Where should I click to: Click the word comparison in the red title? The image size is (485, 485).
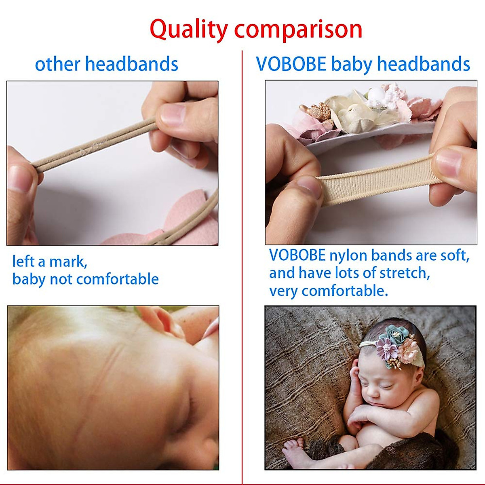click(x=298, y=30)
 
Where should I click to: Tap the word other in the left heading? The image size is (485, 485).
click(x=57, y=64)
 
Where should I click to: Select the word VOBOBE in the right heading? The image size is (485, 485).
click(x=291, y=64)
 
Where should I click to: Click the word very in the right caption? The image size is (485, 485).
click(x=283, y=291)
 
